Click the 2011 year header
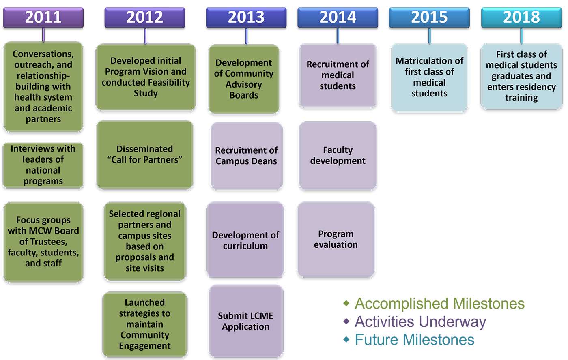coord(43,17)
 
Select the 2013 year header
coord(246,17)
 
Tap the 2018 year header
coord(521,17)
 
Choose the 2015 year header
coord(429,17)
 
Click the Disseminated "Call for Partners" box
coord(145,154)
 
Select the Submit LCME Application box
coord(246,321)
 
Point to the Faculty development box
coord(338,156)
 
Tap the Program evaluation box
coord(336,239)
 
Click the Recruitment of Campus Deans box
coord(247,156)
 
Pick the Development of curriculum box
coord(245,240)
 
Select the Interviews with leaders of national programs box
coord(43,165)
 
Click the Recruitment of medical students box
coord(338,75)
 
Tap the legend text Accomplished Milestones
coord(439,304)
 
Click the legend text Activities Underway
coord(420,322)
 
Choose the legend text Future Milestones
coord(414,339)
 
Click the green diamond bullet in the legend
coord(346,303)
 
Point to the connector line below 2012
coord(145,36)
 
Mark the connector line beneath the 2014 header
coord(338,36)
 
